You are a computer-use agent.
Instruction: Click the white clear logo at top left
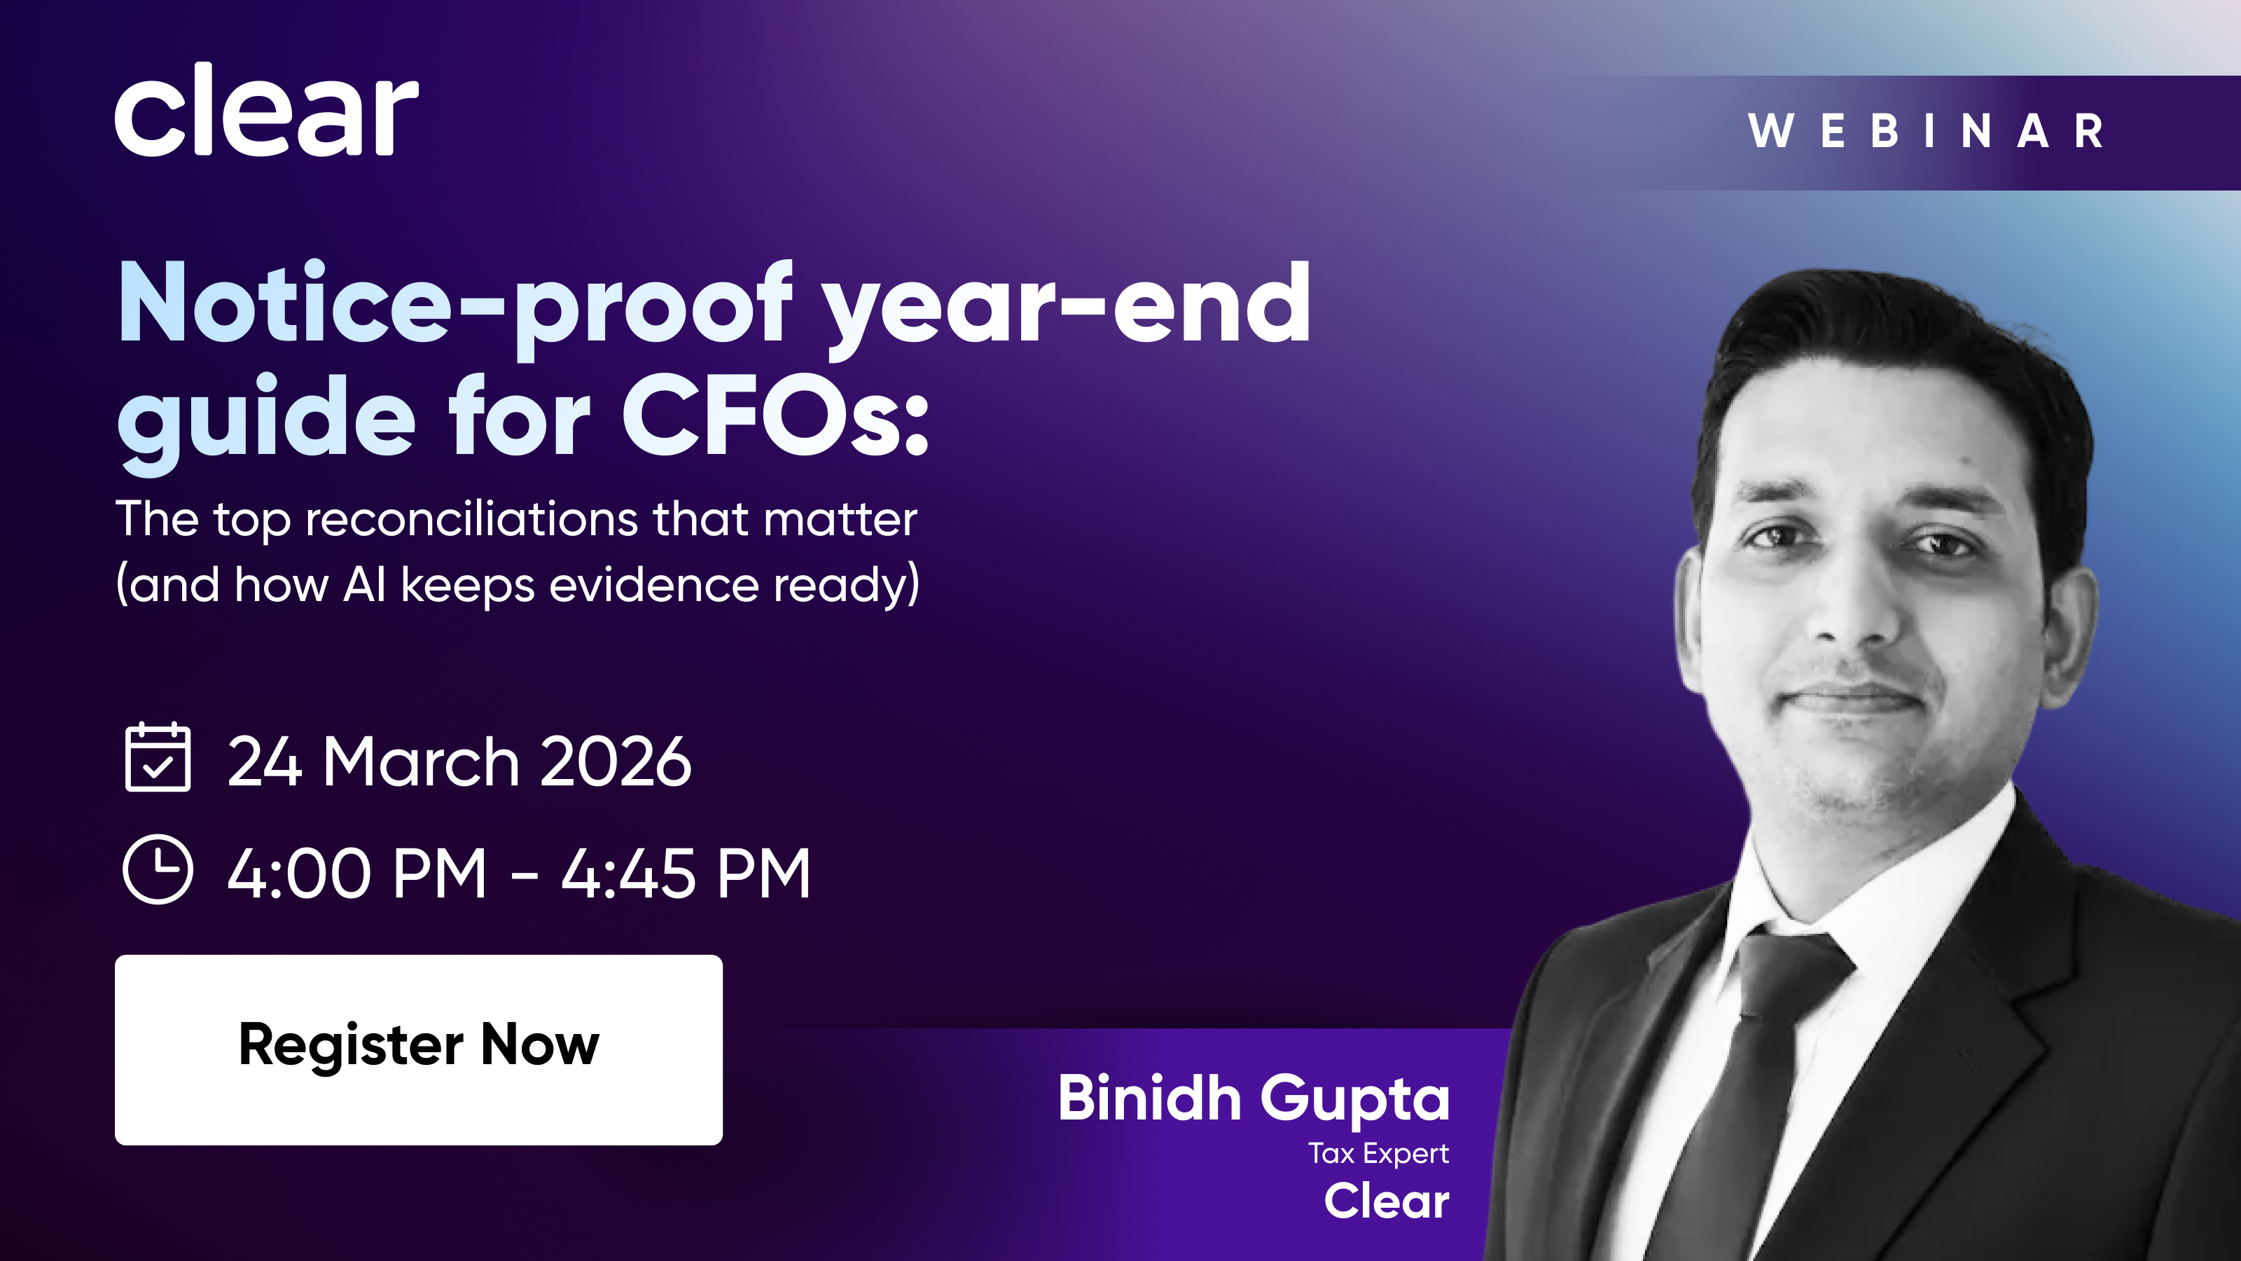pyautogui.click(x=266, y=110)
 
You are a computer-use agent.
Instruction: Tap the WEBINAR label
pyautogui.click(x=1926, y=132)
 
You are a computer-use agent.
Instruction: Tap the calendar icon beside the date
pyautogui.click(x=158, y=757)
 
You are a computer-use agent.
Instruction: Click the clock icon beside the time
pyautogui.click(x=158, y=869)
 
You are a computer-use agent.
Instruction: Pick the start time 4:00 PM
pyautogui.click(x=356, y=874)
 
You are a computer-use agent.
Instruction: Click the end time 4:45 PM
pyautogui.click(x=686, y=874)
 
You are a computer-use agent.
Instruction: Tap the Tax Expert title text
pyautogui.click(x=1379, y=1154)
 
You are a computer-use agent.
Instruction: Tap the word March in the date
pyautogui.click(x=421, y=762)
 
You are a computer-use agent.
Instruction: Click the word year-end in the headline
pyautogui.click(x=1067, y=309)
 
